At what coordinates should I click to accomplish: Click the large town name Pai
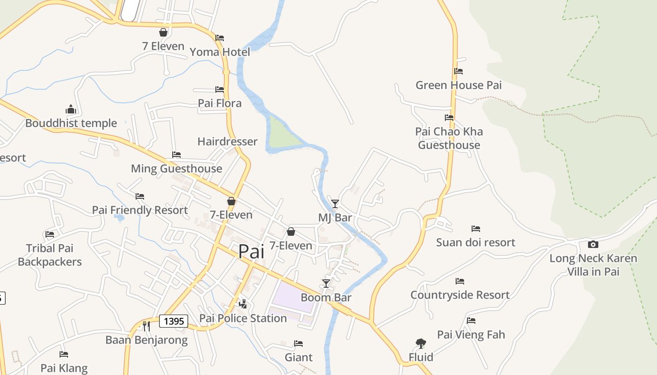(251, 251)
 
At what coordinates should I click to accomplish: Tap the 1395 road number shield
(174, 321)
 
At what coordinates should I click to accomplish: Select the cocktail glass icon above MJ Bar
(335, 203)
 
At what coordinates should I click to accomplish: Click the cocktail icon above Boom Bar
(326, 283)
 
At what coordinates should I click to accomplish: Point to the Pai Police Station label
(243, 318)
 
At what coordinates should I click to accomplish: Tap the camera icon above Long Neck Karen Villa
(593, 244)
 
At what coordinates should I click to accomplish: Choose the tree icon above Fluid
(420, 344)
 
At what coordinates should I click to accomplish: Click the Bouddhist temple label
(71, 123)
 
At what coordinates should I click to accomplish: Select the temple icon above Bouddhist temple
(71, 109)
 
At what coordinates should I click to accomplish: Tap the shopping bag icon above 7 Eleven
(163, 32)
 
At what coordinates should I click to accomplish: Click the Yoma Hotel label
(220, 52)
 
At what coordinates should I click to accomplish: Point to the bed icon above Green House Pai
(458, 71)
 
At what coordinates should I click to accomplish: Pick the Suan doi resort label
(475, 242)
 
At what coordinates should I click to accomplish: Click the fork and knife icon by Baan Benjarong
(146, 326)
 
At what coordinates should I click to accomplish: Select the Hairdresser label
(227, 142)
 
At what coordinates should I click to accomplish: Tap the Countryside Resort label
(460, 295)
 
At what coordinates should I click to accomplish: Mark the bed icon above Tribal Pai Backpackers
(50, 234)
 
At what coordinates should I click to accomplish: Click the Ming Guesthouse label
(176, 169)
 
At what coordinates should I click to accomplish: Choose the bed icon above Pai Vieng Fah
(471, 321)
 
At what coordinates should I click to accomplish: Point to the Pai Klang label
(64, 368)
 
